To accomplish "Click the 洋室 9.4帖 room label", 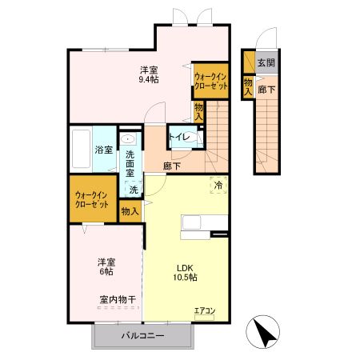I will pyautogui.click(x=149, y=74).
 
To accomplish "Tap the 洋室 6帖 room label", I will pyautogui.click(x=106, y=266).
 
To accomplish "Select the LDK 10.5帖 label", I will pyautogui.click(x=186, y=272).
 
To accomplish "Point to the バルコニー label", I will pyautogui.click(x=143, y=335).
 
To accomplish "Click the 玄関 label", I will pyautogui.click(x=266, y=62).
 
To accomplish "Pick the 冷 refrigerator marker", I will pyautogui.click(x=218, y=184).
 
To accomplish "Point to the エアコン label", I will pyautogui.click(x=205, y=310).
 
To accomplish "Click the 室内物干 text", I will pyautogui.click(x=118, y=299).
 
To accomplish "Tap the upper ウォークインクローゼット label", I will pyautogui.click(x=211, y=81).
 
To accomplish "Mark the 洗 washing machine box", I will pyautogui.click(x=134, y=190).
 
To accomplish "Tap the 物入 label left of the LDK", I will pyautogui.click(x=130, y=211).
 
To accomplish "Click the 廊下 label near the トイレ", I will pyautogui.click(x=171, y=166).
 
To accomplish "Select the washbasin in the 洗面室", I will pyautogui.click(x=128, y=141).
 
